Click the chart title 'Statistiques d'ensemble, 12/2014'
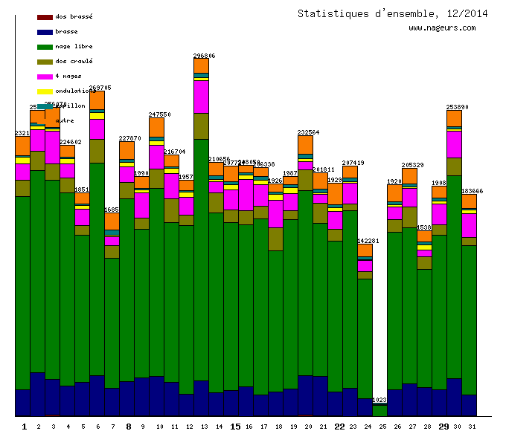coord(393,13)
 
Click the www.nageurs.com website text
coord(442,28)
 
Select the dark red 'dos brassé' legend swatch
coord(45,16)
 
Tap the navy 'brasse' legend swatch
coord(45,31)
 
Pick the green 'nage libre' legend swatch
coord(45,46)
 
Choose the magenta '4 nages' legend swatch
coord(45,76)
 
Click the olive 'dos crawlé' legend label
coord(74,61)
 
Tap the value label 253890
coord(457,107)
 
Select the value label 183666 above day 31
coord(472,191)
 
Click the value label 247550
coord(159,114)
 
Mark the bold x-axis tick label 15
coord(235,427)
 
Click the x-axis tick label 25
coord(382,427)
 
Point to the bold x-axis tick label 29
coord(443,427)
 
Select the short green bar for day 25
coord(379,410)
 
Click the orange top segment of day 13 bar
coord(201,65)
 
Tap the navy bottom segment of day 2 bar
coord(37,394)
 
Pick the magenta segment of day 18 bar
coord(275,213)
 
